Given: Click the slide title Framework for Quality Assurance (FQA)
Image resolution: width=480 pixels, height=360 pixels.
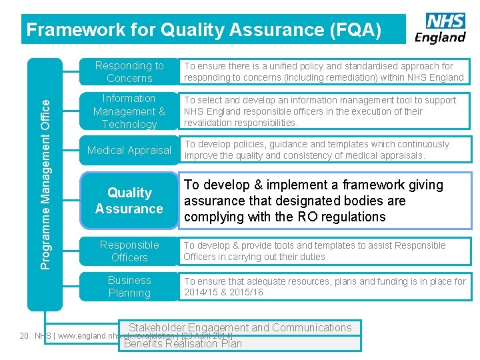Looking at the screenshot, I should (203, 29).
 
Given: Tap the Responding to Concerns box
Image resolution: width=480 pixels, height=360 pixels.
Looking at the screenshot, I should (129, 72).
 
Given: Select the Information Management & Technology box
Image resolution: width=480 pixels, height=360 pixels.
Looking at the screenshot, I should (129, 111).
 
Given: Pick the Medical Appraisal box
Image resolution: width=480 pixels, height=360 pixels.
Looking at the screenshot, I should (129, 150).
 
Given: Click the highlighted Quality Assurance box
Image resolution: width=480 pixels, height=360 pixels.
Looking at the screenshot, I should (129, 201).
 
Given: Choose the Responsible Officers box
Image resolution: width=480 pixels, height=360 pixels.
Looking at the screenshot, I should (129, 251).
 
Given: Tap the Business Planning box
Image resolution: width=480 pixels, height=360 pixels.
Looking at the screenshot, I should (129, 287).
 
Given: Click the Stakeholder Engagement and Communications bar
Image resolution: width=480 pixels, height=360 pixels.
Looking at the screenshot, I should (240, 327).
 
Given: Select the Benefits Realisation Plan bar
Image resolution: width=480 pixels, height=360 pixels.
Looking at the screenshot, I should (183, 344).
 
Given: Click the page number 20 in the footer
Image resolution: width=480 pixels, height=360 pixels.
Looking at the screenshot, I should (24, 336).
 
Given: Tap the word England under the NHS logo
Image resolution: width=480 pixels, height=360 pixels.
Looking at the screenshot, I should (440, 37).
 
